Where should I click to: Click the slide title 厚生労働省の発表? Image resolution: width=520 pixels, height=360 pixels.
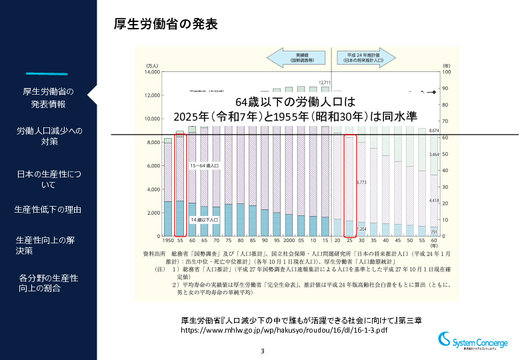point(166,25)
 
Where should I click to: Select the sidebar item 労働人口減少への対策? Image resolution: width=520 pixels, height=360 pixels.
point(48,136)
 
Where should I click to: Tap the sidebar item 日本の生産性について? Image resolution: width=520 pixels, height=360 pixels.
point(48,179)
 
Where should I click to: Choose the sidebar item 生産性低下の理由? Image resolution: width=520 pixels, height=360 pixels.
point(48,210)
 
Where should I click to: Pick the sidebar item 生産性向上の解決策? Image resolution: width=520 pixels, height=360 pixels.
point(48,245)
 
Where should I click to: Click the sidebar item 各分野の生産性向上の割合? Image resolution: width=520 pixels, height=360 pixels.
point(48,283)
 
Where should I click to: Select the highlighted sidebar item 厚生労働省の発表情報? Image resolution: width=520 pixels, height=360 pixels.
point(48,97)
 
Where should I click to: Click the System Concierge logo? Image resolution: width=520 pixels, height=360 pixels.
point(473,342)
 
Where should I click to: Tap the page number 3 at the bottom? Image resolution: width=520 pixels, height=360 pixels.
point(262,351)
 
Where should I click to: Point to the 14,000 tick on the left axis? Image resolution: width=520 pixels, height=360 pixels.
point(151,72)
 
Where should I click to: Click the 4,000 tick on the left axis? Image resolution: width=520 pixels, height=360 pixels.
point(153,189)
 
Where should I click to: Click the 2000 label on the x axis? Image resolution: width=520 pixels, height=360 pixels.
point(289,240)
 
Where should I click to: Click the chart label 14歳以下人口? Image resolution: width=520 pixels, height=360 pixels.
point(203,219)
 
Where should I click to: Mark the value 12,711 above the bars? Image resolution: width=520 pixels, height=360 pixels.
point(325,83)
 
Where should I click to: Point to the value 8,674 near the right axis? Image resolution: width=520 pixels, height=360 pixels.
point(434,131)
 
